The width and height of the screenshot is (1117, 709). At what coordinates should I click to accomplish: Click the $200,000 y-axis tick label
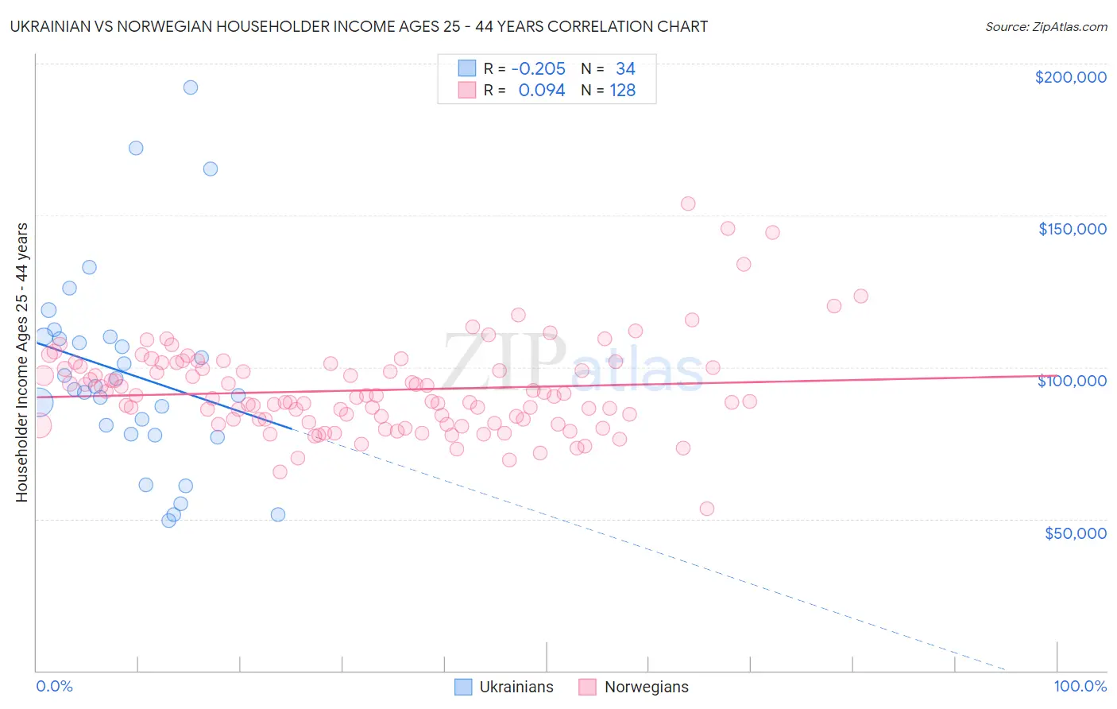coord(1070,77)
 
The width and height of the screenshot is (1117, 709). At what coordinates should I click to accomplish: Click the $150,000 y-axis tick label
coord(1072,229)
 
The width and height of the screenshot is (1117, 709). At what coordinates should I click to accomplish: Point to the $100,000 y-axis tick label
coord(1072,381)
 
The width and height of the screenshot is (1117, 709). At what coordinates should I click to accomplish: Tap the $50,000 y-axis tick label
coord(1075,533)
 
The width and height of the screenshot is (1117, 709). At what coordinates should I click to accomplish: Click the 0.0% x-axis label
coord(54,686)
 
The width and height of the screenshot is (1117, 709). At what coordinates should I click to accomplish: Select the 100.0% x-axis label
coord(1080,686)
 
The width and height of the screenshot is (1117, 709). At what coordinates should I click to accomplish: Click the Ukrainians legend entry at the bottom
coord(504,687)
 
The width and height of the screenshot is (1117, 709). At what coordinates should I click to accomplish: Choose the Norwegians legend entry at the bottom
coord(633,687)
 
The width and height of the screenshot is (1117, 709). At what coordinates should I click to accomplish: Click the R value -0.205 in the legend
coord(538,69)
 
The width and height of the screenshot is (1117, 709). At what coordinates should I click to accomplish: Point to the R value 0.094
coord(541,91)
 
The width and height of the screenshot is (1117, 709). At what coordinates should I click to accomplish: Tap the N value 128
coord(622,91)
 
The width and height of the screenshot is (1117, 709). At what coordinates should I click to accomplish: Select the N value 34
coord(625,69)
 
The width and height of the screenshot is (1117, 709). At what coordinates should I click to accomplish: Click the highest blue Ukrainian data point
coord(191,87)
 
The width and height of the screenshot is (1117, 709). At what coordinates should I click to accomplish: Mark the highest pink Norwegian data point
coord(688,203)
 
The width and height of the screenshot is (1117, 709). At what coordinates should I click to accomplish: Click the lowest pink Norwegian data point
coord(707,509)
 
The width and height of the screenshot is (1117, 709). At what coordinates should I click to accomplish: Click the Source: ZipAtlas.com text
coord(1045,26)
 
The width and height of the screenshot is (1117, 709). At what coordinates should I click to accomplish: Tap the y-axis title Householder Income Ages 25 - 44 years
coord(21,362)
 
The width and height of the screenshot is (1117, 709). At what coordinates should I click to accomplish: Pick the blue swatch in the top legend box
coord(466,69)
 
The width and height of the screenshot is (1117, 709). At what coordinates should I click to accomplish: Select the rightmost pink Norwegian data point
coord(860,296)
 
